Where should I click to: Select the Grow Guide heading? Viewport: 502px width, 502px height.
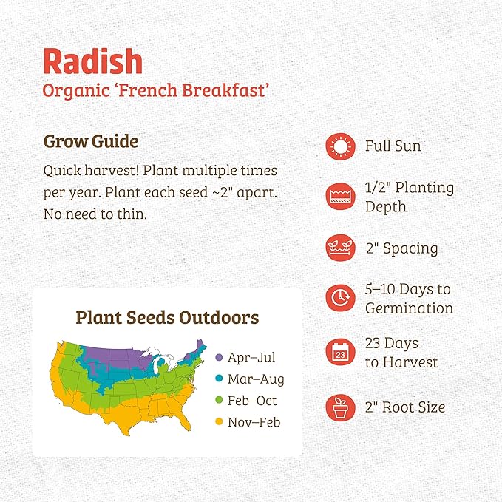pos(90,140)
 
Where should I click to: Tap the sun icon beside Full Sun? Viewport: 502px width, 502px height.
pos(340,146)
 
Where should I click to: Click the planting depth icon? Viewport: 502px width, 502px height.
pos(340,197)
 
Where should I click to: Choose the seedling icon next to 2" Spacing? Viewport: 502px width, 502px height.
pos(340,248)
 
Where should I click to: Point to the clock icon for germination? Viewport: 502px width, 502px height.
pos(340,298)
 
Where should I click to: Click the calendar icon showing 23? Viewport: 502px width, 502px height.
pos(340,353)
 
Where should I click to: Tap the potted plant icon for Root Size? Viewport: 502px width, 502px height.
pos(340,407)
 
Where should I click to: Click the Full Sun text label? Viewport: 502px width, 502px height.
pos(393,146)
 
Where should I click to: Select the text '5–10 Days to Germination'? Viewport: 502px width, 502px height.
pos(409,298)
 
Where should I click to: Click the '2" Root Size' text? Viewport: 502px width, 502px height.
pos(405,407)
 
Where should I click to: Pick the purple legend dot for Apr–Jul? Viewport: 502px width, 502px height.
pos(218,358)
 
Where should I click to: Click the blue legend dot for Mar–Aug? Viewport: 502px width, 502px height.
pos(218,379)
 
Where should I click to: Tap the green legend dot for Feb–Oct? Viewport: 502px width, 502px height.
pos(218,401)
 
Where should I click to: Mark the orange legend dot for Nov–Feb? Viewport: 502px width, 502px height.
pos(218,422)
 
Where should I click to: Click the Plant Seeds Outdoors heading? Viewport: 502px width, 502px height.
pos(167,318)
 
